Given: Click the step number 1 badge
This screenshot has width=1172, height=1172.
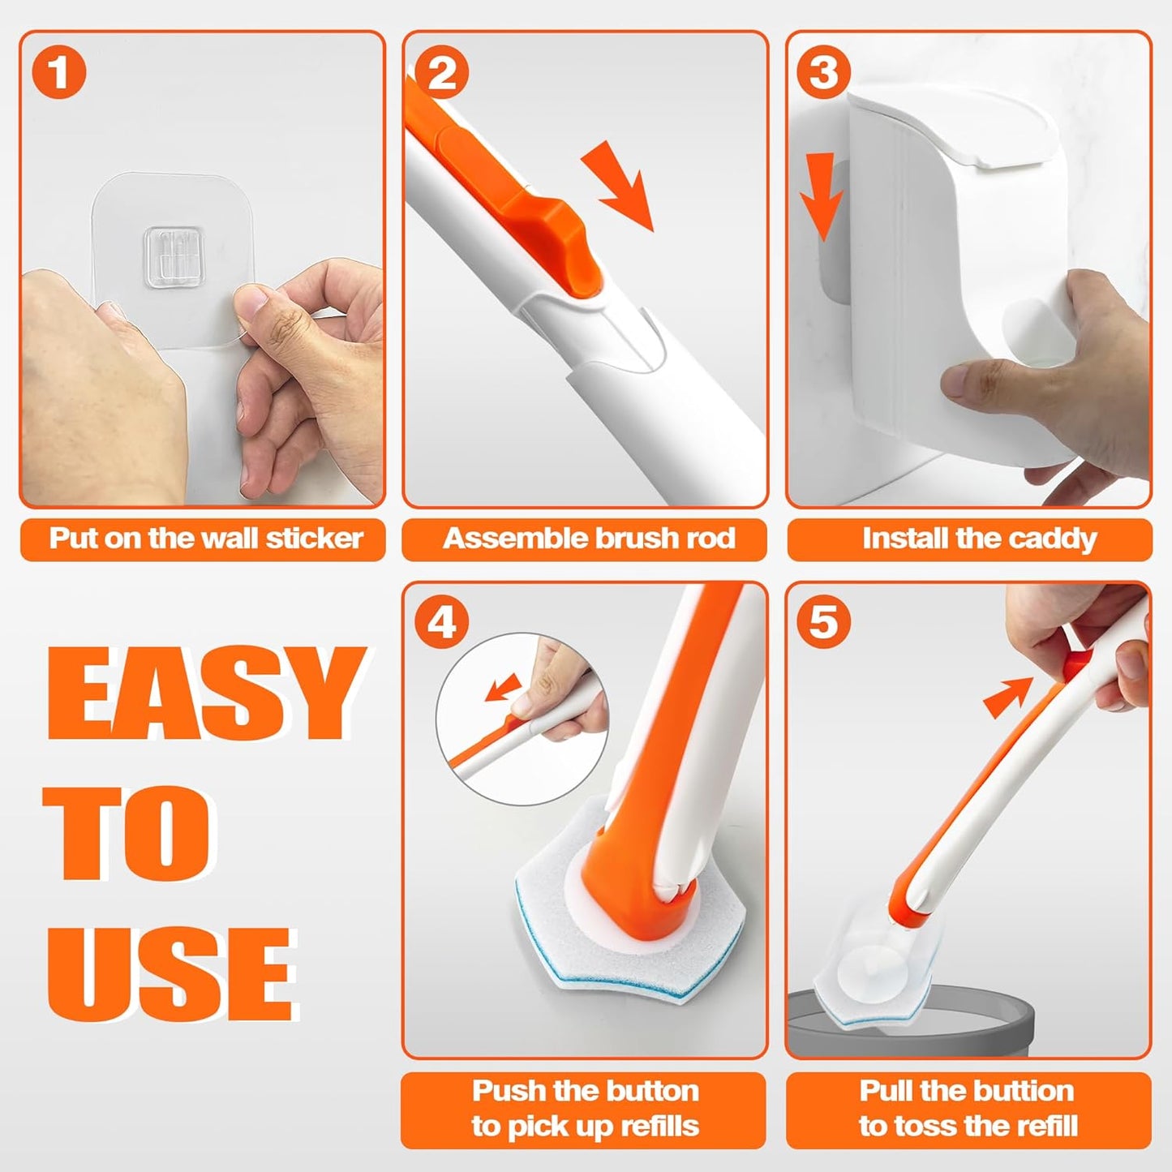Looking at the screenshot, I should click(58, 72).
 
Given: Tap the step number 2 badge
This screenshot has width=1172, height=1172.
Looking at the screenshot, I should click(442, 72).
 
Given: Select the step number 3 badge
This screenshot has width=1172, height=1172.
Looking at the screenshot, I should click(824, 72).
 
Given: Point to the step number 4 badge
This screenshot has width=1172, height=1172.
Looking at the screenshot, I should click(442, 623).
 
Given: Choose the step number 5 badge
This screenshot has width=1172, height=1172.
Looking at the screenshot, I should click(824, 623).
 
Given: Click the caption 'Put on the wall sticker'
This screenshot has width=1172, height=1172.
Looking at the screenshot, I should click(203, 539).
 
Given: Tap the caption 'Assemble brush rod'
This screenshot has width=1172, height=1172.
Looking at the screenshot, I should click(585, 539).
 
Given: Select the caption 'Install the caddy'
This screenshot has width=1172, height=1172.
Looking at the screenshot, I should click(969, 539).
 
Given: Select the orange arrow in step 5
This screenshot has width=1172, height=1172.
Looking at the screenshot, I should click(1007, 697).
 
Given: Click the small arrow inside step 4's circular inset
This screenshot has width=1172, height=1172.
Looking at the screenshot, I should click(503, 689).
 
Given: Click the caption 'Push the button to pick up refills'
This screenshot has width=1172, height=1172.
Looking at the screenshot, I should click(585, 1108).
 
